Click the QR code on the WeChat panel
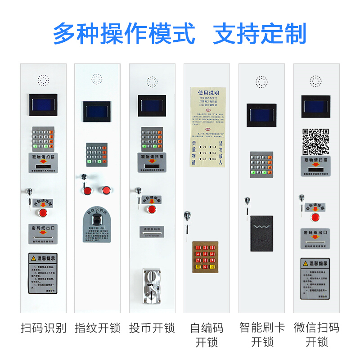[x=315, y=141]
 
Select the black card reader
[x=261, y=230]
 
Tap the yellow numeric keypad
[x=207, y=256]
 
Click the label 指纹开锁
[x=97, y=328]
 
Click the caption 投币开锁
[x=152, y=328]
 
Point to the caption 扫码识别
[x=43, y=328]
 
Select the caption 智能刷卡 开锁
[x=262, y=334]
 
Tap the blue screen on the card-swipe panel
[x=261, y=115]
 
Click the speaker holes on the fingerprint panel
[x=97, y=80]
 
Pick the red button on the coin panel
[x=152, y=209]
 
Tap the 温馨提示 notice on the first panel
[x=43, y=274]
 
